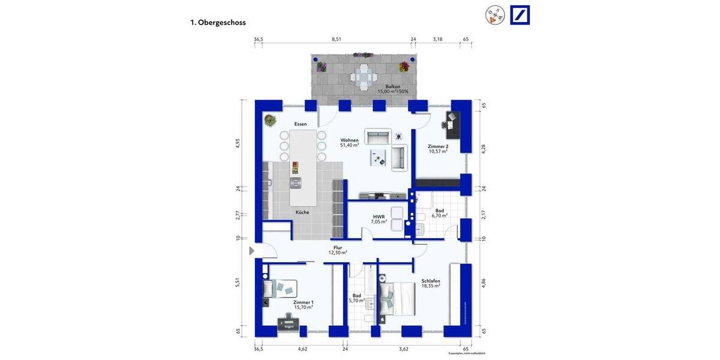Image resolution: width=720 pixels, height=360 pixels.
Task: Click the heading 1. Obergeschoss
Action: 218,23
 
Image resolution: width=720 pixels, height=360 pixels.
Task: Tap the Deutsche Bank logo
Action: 520,15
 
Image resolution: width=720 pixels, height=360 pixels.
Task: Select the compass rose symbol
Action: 496,16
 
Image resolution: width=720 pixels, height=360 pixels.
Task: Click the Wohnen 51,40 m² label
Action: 349,142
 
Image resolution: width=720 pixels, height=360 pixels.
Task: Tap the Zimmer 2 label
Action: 437,149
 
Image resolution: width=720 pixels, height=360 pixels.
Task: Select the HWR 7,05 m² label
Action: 379,219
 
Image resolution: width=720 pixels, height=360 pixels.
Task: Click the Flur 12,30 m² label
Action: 338,250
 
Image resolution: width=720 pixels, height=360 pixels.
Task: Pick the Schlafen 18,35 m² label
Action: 431,283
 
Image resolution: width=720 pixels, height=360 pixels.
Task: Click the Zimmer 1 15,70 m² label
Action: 303,305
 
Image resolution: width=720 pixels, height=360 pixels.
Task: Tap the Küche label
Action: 302,212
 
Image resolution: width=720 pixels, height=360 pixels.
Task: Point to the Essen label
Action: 300,124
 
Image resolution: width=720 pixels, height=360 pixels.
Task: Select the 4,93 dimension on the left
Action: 237,143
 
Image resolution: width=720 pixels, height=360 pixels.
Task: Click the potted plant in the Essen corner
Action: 269,120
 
